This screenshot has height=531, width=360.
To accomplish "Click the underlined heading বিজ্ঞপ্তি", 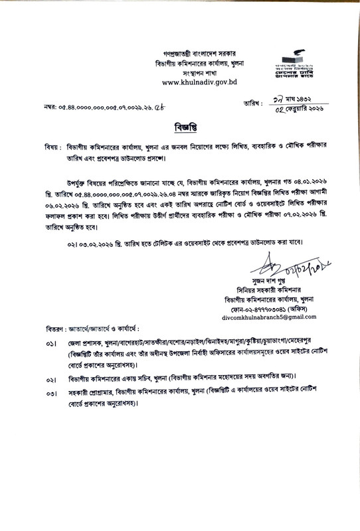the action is (180, 125).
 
